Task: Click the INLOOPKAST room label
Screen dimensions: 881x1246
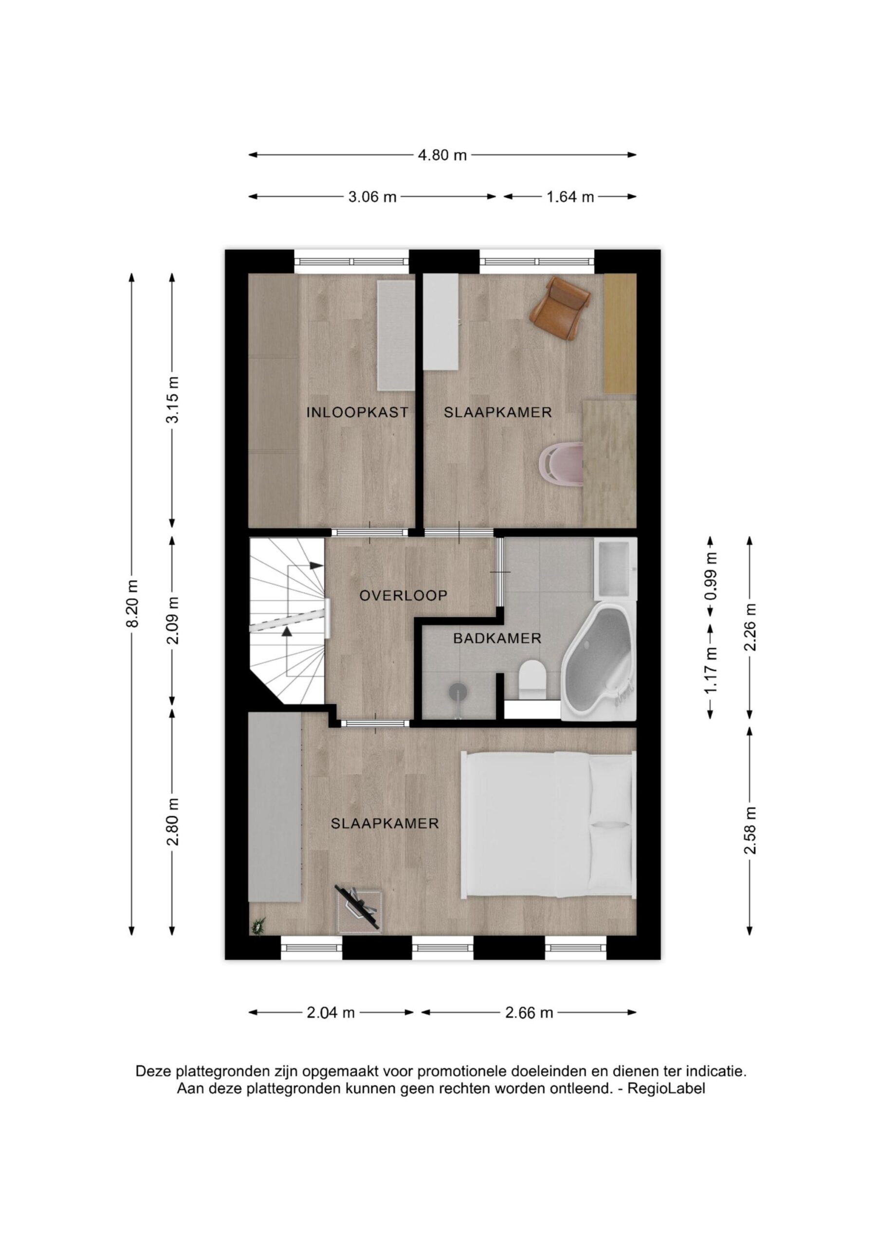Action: pyautogui.click(x=357, y=412)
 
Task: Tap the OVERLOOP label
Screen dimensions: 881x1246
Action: pyautogui.click(x=404, y=595)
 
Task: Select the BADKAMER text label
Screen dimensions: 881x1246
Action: pyautogui.click(x=497, y=638)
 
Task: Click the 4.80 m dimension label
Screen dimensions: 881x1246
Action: pyautogui.click(x=442, y=155)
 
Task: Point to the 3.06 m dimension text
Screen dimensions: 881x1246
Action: pyautogui.click(x=372, y=197)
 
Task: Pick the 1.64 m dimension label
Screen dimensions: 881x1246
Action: pyautogui.click(x=570, y=197)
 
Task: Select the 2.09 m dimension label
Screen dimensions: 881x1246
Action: pyautogui.click(x=173, y=620)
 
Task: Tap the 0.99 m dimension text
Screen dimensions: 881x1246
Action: pyautogui.click(x=711, y=576)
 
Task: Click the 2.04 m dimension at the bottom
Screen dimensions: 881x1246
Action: pyautogui.click(x=330, y=1013)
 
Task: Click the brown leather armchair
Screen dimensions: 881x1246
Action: pyautogui.click(x=560, y=307)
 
